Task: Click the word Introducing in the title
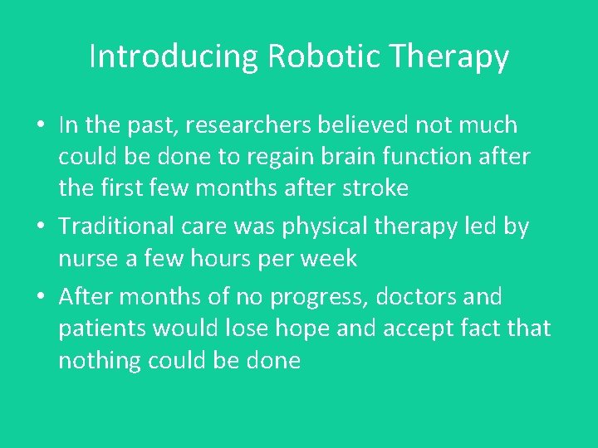[174, 57]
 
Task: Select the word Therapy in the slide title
[449, 57]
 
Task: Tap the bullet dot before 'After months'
[41, 297]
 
